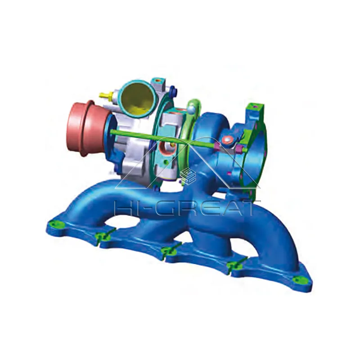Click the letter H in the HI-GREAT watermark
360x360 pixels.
[124, 208]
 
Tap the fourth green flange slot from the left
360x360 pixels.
[234, 266]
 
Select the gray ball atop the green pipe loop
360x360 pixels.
[191, 108]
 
